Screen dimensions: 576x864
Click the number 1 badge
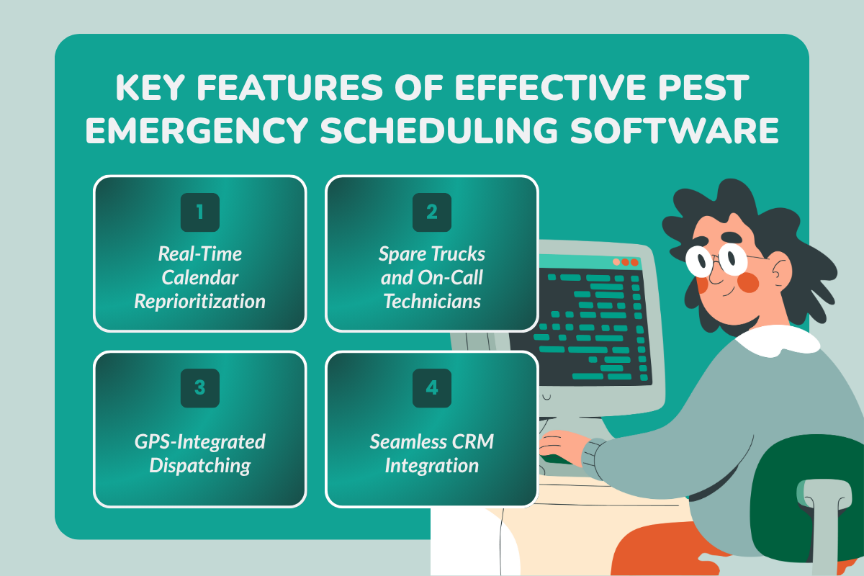click(x=199, y=212)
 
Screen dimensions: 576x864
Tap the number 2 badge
click(x=431, y=212)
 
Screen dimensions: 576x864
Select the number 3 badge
click(x=199, y=388)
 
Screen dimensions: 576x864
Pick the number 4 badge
click(x=431, y=388)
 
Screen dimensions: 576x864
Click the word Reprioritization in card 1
click(x=199, y=301)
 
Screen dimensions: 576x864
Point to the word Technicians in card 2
click(x=431, y=301)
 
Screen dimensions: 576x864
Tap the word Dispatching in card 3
click(x=199, y=465)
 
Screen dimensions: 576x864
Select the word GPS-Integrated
click(x=199, y=441)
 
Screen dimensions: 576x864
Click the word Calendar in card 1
click(x=199, y=277)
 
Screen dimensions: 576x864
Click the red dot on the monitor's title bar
click(x=634, y=263)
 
